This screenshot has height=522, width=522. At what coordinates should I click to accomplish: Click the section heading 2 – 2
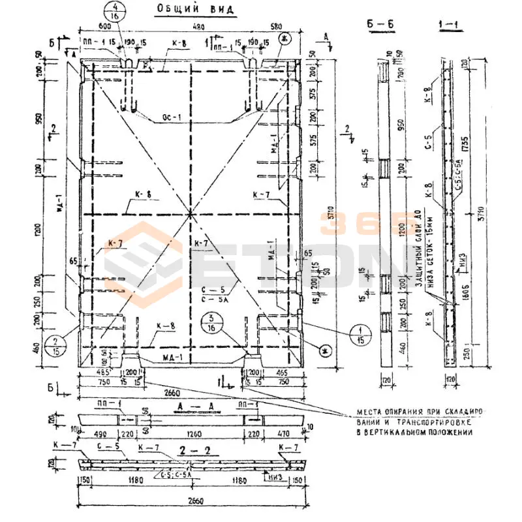190,450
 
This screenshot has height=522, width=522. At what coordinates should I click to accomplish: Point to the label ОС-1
170,119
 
